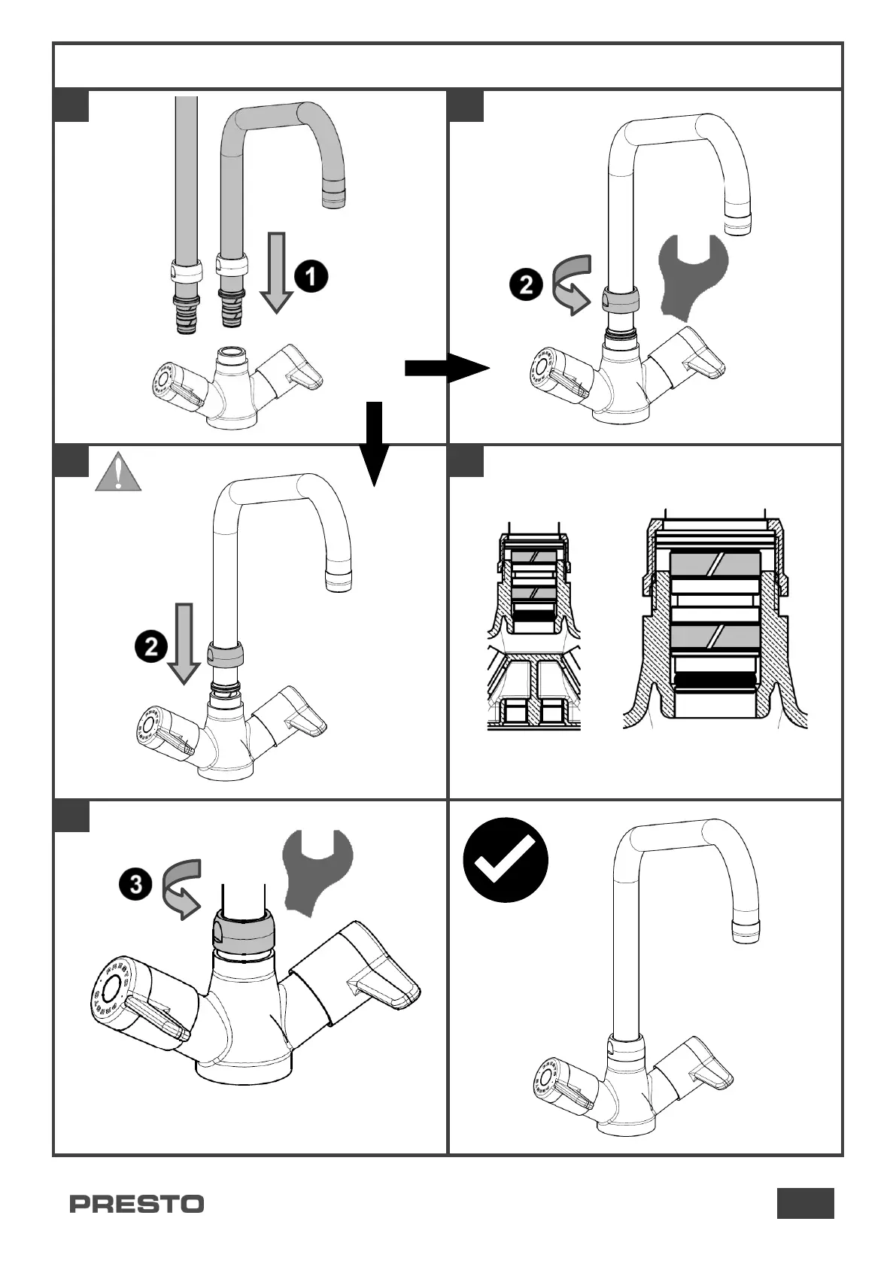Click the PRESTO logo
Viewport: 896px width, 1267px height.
click(136, 1204)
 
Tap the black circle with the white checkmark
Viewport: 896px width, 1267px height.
click(505, 860)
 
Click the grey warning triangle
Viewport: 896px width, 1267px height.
click(118, 472)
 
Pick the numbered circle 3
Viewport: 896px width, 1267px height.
click(135, 884)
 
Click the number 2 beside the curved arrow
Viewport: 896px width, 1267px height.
click(526, 285)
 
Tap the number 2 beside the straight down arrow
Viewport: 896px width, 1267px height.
click(151, 646)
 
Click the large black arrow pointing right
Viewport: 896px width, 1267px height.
click(446, 368)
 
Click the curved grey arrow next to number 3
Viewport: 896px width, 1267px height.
click(181, 888)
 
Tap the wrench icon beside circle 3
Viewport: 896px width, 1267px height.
click(317, 871)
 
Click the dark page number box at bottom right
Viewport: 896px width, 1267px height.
click(805, 1202)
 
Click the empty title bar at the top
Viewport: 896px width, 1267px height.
click(448, 65)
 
